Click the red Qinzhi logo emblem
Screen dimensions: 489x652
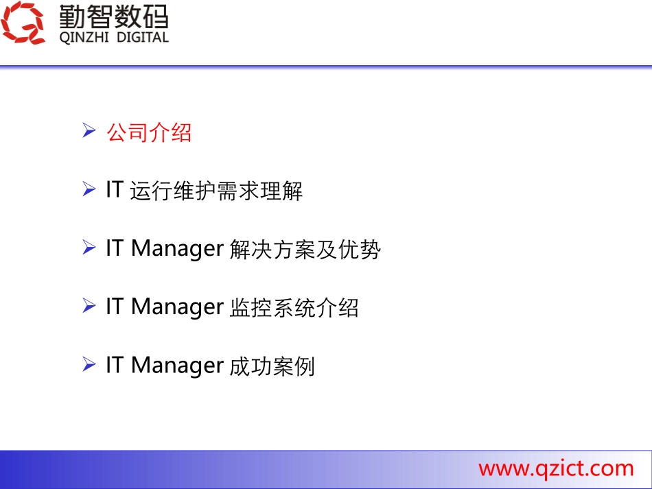[23, 23]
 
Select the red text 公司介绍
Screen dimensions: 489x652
[149, 132]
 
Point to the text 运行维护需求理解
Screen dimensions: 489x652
[216, 191]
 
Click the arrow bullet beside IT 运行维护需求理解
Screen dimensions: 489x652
[89, 189]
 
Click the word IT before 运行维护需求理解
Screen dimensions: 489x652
[114, 190]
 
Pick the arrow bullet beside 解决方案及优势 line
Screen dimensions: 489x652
[89, 248]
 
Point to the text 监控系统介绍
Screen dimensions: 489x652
[293, 308]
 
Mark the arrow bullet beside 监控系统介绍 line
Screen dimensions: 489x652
[89, 306]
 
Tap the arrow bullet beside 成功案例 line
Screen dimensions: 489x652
[89, 364]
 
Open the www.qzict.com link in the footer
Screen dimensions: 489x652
[556, 468]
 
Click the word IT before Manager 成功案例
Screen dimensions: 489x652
[114, 365]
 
